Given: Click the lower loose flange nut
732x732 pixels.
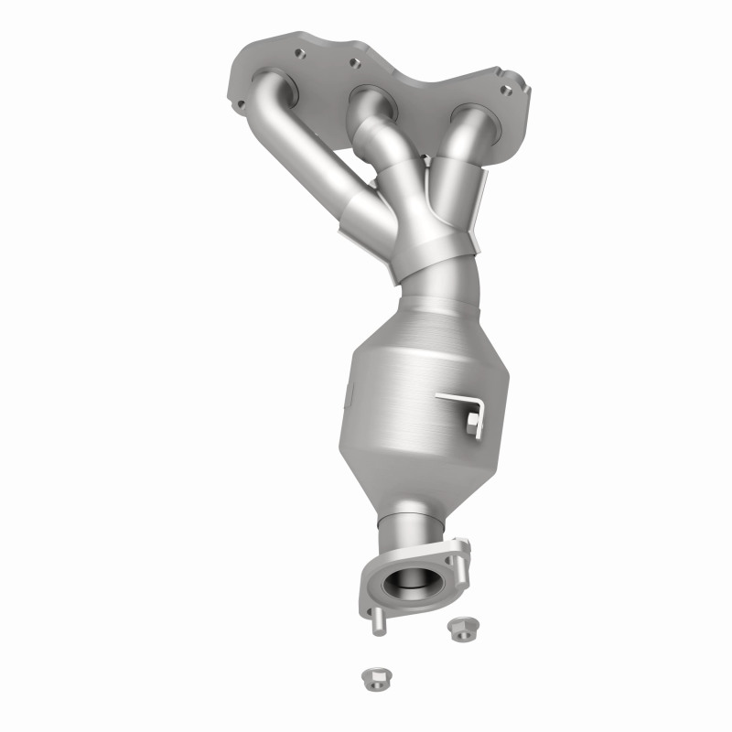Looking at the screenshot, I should [x=373, y=678].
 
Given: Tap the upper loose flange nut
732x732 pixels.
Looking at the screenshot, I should [x=457, y=629].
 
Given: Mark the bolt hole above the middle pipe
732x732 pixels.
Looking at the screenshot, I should [x=351, y=64].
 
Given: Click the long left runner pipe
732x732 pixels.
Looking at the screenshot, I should [x=311, y=165].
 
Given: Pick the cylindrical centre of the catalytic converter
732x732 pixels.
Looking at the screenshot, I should [x=412, y=384].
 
